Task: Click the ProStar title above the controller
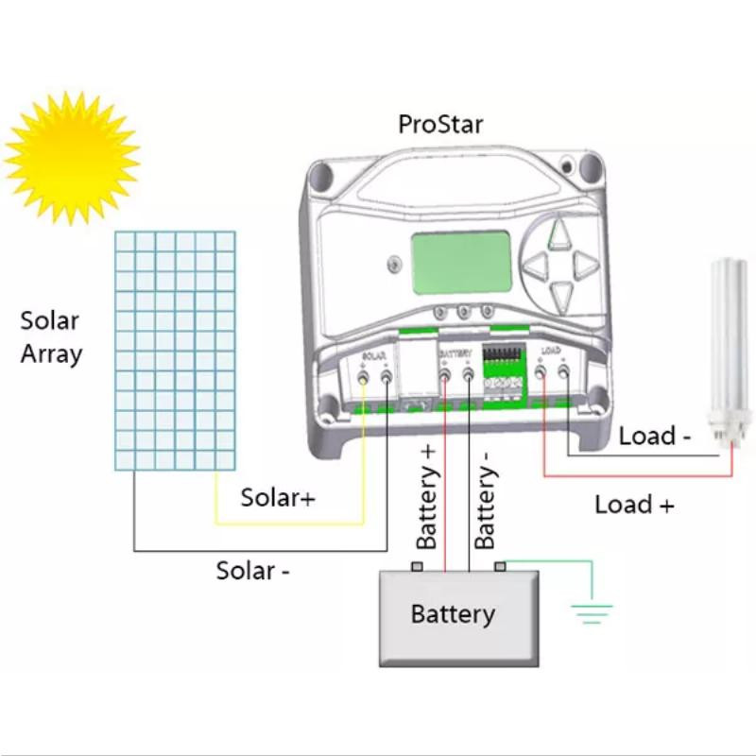(x=440, y=125)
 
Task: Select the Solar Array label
(x=51, y=337)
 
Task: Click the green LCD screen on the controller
(x=461, y=264)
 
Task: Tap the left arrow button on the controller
(x=537, y=264)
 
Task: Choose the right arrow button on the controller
(x=585, y=264)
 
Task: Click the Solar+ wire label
(x=278, y=497)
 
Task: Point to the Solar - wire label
(x=252, y=571)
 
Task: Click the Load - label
(x=655, y=437)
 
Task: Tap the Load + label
(x=634, y=505)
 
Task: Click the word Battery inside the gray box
(x=453, y=614)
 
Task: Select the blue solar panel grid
(x=175, y=350)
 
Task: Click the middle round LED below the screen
(x=463, y=311)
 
